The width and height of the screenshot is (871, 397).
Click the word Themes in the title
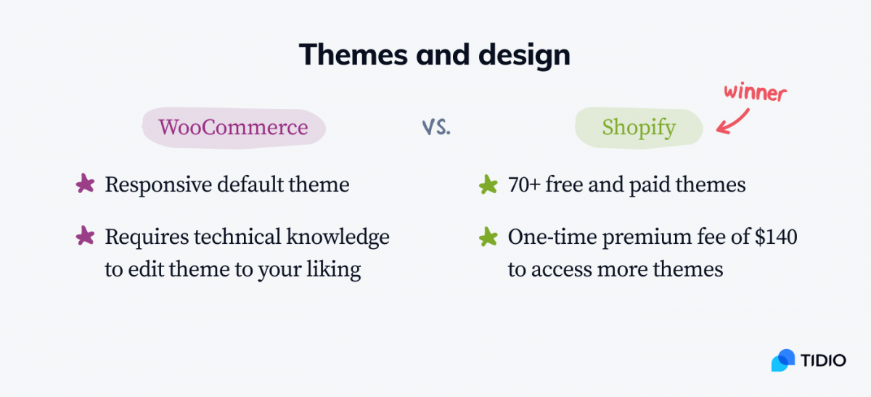click(353, 54)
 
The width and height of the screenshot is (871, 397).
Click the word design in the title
click(524, 57)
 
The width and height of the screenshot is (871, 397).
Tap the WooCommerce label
click(233, 127)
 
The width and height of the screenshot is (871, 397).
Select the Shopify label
click(639, 128)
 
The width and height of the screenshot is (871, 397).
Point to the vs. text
click(436, 127)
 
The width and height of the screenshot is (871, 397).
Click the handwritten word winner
click(755, 93)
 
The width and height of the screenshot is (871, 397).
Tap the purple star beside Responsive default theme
click(85, 184)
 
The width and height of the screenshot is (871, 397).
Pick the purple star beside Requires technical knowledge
click(85, 236)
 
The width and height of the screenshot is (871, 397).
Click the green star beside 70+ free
click(488, 184)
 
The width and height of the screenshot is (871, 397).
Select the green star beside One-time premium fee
click(488, 237)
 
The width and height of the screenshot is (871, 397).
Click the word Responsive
click(158, 185)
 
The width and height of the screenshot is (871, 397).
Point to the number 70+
click(524, 184)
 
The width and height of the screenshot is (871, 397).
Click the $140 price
click(776, 237)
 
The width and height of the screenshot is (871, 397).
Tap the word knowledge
click(338, 237)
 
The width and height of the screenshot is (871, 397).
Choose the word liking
click(333, 269)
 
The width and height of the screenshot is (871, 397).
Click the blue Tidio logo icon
click(782, 361)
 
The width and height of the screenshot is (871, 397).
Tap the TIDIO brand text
click(823, 361)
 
